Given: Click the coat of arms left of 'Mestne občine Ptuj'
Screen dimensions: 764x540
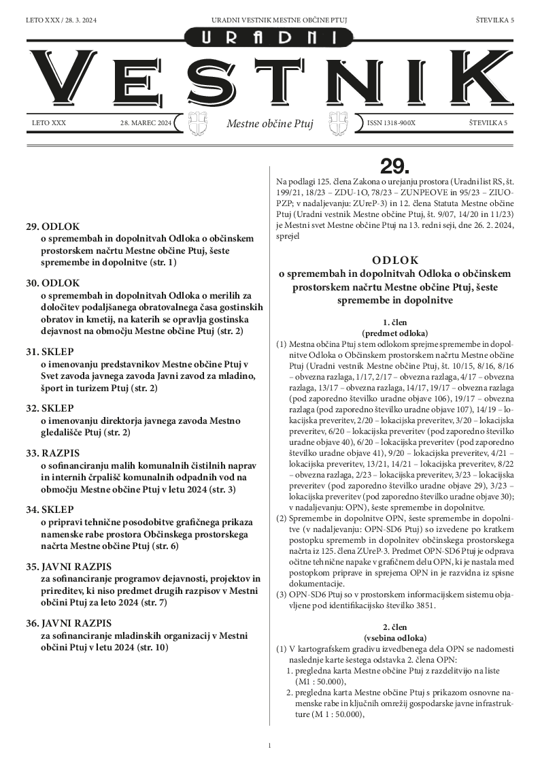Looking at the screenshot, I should (195, 123).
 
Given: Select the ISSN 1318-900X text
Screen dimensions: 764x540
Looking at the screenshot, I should (390, 122).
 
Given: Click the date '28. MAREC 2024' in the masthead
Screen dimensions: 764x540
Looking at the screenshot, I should (145, 122).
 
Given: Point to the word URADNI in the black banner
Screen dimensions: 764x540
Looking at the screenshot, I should (270, 38).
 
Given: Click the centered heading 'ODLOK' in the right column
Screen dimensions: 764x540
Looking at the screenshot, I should (395, 260).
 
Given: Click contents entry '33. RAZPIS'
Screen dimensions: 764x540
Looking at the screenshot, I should (52, 452).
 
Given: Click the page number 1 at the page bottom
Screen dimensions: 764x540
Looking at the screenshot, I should (270, 746).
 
